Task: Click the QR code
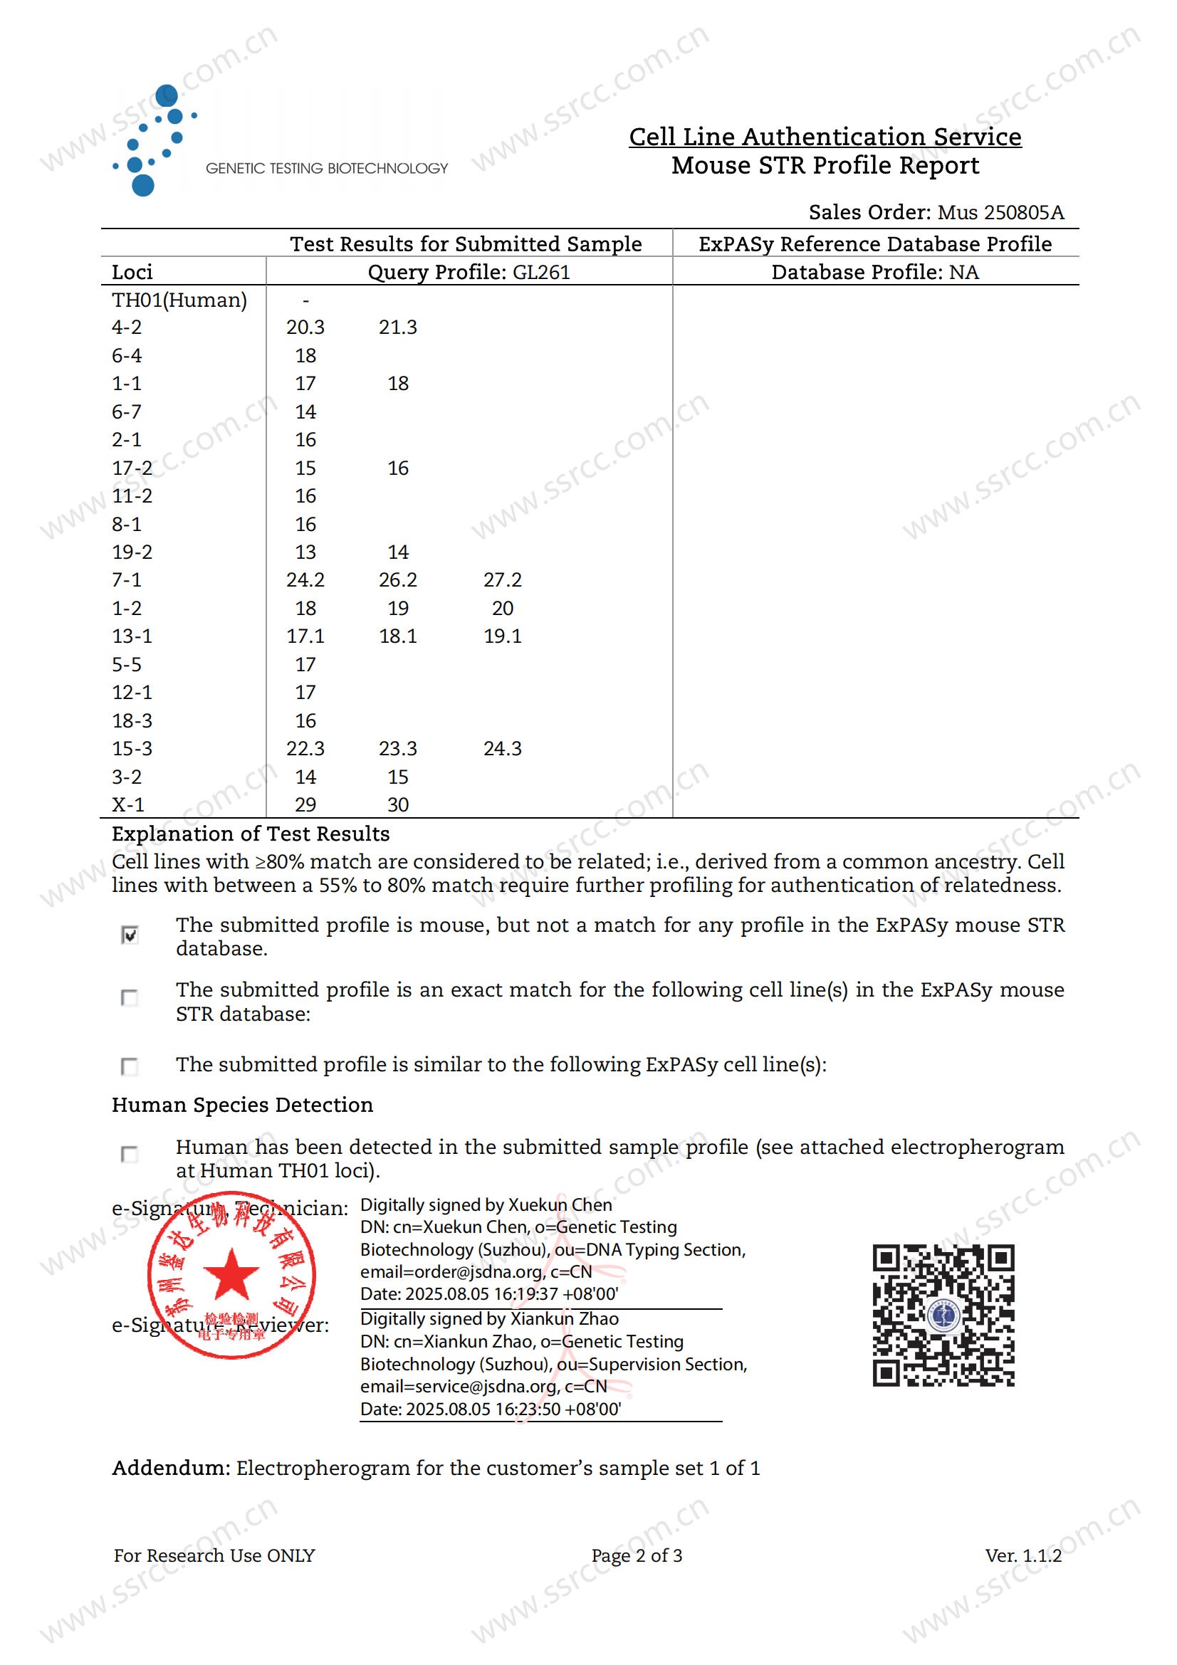943,1315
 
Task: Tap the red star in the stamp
231,1274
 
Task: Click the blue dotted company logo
155,140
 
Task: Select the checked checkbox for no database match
130,935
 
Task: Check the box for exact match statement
130,998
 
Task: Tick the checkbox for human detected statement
130,1154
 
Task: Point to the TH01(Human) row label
179,300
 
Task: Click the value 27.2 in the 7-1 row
502,580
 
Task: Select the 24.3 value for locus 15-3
502,748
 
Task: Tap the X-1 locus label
127,805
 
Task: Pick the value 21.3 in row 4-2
397,327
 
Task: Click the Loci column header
132,273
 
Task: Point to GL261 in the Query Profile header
541,273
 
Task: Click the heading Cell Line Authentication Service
825,137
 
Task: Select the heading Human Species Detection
242,1105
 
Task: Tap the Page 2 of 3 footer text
636,1555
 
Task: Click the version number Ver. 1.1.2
1022,1555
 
